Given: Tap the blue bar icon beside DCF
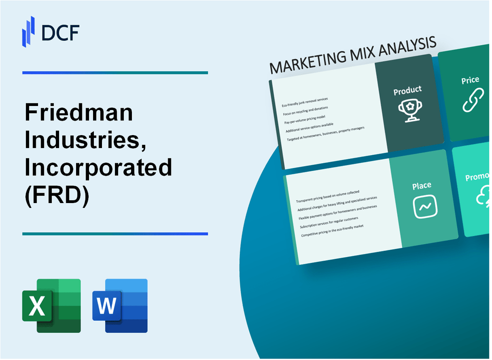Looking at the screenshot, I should pyautogui.click(x=29, y=31).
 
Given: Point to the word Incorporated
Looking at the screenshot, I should pyautogui.click(x=98, y=168).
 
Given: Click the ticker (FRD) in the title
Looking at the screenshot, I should pyautogui.click(x=57, y=195).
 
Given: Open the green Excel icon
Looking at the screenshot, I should pyautogui.click(x=51, y=306).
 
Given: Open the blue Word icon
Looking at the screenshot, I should pyautogui.click(x=120, y=306).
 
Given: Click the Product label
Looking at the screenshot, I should pyautogui.click(x=407, y=91).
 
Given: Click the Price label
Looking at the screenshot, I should pyautogui.click(x=470, y=80).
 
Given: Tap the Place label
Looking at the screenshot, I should pyautogui.click(x=422, y=185).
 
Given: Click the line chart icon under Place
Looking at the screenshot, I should pyautogui.click(x=425, y=207).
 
